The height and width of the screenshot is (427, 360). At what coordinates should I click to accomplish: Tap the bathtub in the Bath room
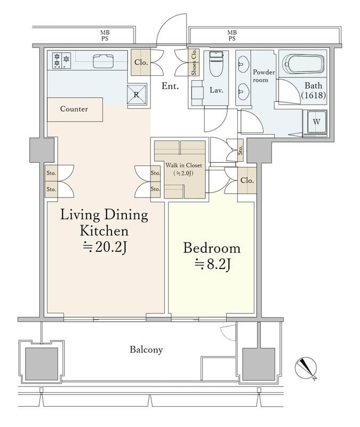pyautogui.click(x=303, y=64)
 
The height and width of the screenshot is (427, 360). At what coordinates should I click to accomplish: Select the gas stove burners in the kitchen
pyautogui.click(x=61, y=60)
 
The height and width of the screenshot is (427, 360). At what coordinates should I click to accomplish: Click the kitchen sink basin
pyautogui.click(x=103, y=61)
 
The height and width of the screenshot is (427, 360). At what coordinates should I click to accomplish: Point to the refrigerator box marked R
pyautogui.click(x=137, y=94)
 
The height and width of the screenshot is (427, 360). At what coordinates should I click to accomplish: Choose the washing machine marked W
pyautogui.click(x=317, y=122)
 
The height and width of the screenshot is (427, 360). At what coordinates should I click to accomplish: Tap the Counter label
pyautogui.click(x=74, y=109)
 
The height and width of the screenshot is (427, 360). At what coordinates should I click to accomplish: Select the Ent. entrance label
pyautogui.click(x=170, y=86)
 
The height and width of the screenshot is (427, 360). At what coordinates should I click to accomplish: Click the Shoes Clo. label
pyautogui.click(x=194, y=62)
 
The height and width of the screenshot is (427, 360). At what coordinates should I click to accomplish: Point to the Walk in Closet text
pyautogui.click(x=184, y=165)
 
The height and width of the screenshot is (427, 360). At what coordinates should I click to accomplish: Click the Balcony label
pyautogui.click(x=146, y=350)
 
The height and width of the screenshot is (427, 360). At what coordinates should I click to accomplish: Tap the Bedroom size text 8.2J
pyautogui.click(x=213, y=264)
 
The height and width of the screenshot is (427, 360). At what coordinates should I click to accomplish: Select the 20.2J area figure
pyautogui.click(x=105, y=247)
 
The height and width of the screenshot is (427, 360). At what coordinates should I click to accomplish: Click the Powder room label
pyautogui.click(x=263, y=76)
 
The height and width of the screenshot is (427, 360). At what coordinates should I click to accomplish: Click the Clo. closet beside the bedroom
pyautogui.click(x=247, y=180)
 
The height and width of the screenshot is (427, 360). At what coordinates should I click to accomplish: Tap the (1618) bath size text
pyautogui.click(x=314, y=95)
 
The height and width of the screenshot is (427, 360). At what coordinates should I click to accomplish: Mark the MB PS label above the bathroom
pyautogui.click(x=232, y=36)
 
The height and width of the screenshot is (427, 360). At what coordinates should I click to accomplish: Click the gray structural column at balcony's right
pyautogui.click(x=259, y=364)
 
